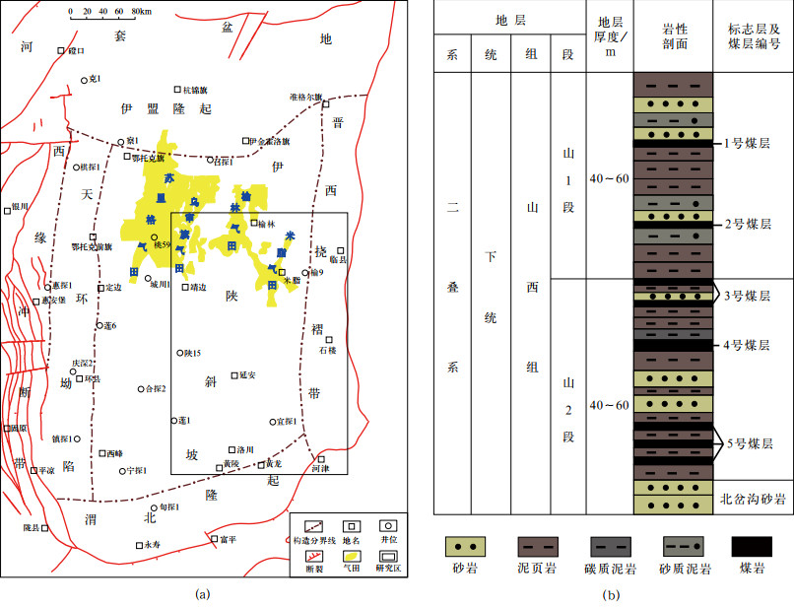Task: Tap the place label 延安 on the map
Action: pyautogui.click(x=246, y=374)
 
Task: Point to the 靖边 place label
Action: pyautogui.click(x=199, y=288)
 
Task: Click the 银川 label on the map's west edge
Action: pyautogui.click(x=19, y=207)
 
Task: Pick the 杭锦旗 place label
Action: pyautogui.click(x=196, y=90)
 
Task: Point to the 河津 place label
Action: pyautogui.click(x=318, y=469)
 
